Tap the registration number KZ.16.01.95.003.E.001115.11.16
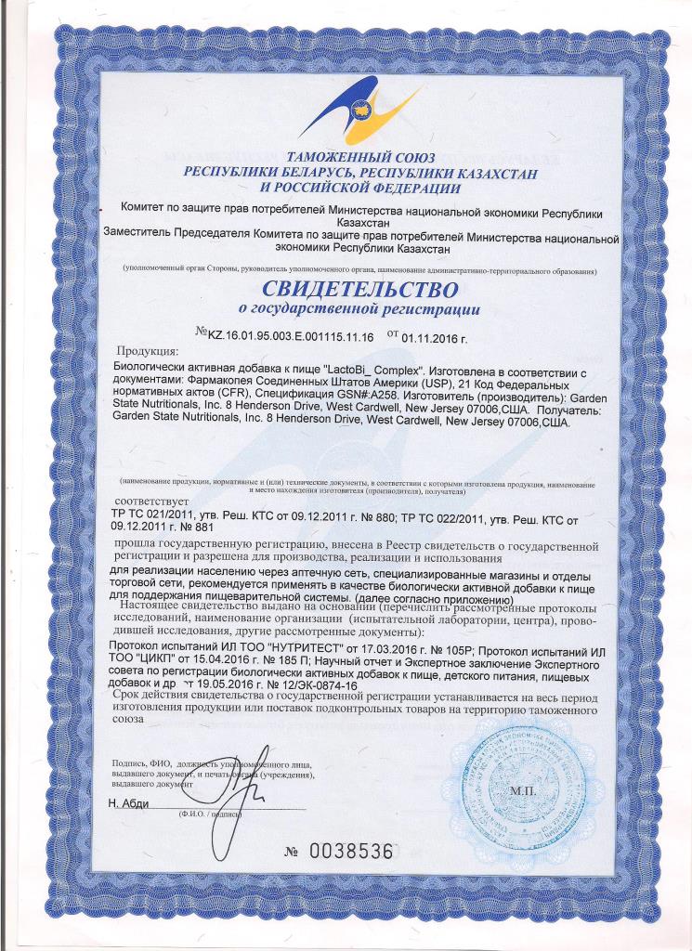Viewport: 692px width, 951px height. coord(288,338)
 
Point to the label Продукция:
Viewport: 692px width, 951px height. coord(147,352)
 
